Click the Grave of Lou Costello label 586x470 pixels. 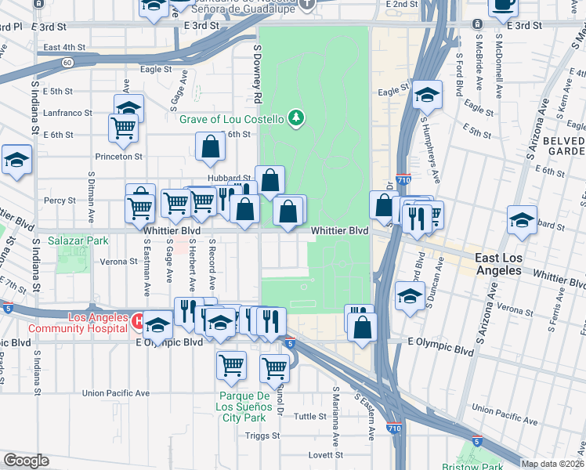click(x=230, y=119)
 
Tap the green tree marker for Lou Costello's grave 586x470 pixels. click(x=295, y=119)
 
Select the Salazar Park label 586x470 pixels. click(x=77, y=241)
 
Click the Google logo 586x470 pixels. click(x=25, y=461)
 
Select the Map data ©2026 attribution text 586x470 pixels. click(x=553, y=464)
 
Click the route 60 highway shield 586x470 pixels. click(x=68, y=62)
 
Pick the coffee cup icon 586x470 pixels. click(x=502, y=5)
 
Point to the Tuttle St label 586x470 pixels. click(x=309, y=417)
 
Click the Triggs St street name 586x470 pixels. click(x=262, y=436)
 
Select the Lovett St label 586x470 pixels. click(x=325, y=454)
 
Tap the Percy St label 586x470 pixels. click(x=60, y=201)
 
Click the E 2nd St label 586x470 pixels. click(x=402, y=5)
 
